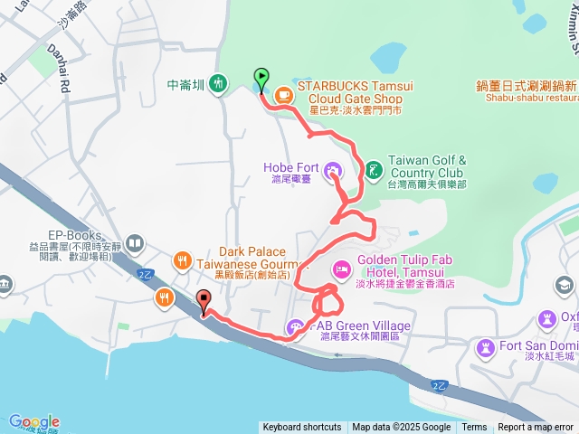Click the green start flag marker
pyautogui.click(x=261, y=78)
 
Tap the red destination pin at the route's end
pyautogui.click(x=203, y=300)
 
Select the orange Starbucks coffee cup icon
pyautogui.click(x=283, y=92)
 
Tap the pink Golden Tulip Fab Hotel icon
pyautogui.click(x=342, y=269)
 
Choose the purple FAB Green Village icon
pyautogui.click(x=296, y=327)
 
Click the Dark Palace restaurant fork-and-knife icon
pyautogui.click(x=181, y=260)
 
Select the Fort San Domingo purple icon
pyautogui.click(x=487, y=347)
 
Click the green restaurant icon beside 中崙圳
pyautogui.click(x=217, y=84)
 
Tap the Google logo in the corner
pyautogui.click(x=33, y=422)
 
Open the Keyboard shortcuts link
pyautogui.click(x=302, y=428)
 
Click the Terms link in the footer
pyautogui.click(x=474, y=428)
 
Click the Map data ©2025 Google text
pyautogui.click(x=401, y=428)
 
